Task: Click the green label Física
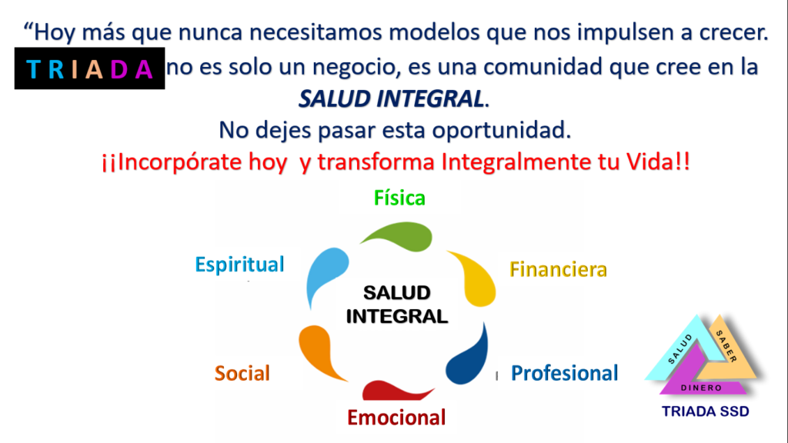399,198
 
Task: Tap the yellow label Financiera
559,270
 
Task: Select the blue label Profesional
564,373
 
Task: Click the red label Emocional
396,418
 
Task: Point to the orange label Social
242,373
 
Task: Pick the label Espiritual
240,265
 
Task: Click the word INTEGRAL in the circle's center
397,316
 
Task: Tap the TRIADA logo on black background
89,68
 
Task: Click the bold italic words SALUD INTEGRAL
392,98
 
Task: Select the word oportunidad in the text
501,130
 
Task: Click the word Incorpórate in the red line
173,162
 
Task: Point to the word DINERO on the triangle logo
701,388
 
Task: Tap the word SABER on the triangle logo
726,347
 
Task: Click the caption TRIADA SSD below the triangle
706,411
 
